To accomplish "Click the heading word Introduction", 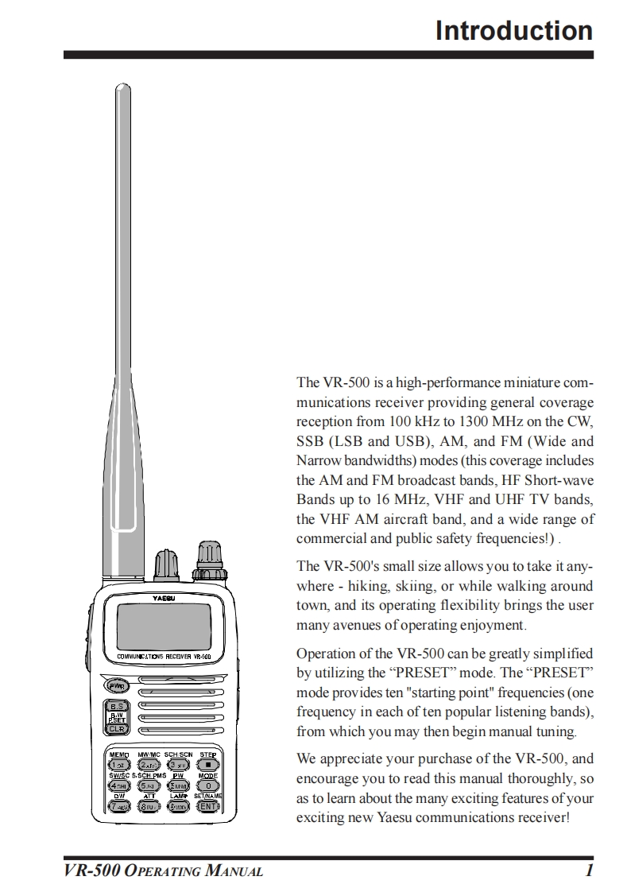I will (513, 30).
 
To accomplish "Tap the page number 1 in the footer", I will (589, 871).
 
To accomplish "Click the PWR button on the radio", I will (118, 685).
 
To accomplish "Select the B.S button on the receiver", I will (118, 706).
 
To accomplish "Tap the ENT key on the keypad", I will (207, 806).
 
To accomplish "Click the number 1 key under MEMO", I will (117, 764).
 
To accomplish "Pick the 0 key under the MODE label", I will (207, 785).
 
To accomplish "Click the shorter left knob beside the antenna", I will (167, 566).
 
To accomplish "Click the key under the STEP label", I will (207, 764).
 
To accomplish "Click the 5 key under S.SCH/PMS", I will (147, 785).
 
